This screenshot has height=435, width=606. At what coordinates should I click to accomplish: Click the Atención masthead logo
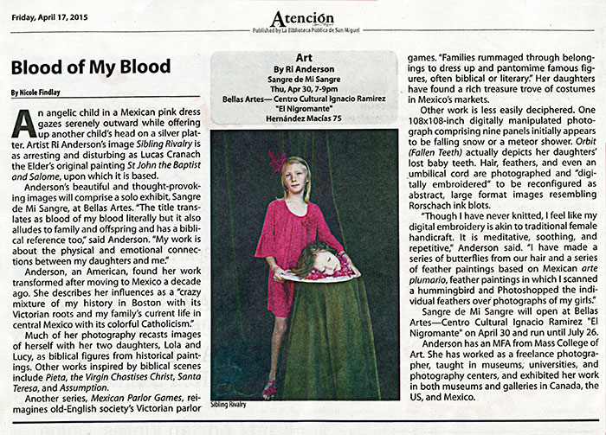(301, 17)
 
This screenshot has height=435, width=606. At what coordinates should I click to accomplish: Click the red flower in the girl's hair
(279, 163)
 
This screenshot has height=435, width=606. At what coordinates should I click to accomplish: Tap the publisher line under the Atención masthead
(302, 32)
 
